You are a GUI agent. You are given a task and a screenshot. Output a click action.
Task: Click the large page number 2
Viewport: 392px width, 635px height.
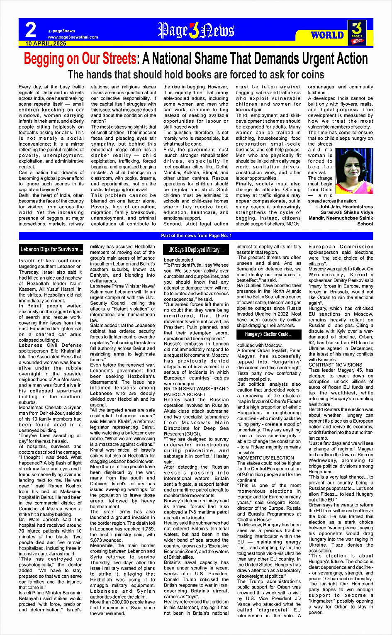31,30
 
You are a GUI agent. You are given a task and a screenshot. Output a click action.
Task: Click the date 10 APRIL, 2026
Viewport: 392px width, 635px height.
46,43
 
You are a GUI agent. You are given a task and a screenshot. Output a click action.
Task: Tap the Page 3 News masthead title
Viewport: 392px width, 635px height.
196,31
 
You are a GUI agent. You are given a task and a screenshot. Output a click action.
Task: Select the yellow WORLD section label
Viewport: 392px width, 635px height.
327,35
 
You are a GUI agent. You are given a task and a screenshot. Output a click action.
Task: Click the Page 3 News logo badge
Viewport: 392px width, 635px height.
357,32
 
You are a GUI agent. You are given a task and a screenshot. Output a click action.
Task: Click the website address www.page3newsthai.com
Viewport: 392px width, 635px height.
73,37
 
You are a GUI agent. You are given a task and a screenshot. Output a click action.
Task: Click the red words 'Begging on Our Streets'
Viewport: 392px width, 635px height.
80,59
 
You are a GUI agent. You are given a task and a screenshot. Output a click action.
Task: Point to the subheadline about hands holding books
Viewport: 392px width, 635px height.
196,74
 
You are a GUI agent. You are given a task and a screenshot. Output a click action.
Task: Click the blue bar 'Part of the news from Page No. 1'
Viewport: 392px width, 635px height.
196,236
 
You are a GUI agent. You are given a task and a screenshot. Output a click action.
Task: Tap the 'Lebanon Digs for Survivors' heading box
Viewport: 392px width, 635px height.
52,249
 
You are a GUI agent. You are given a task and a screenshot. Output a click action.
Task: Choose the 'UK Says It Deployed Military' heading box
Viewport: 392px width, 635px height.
196,250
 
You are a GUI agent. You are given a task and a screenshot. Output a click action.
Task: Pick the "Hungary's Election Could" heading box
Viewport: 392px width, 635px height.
268,334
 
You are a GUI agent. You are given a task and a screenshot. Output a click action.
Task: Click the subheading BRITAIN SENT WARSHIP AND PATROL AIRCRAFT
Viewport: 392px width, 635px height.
196,392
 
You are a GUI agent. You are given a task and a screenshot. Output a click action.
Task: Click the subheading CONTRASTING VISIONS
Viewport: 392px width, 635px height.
336,365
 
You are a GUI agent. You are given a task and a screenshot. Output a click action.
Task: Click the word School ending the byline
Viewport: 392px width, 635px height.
365,224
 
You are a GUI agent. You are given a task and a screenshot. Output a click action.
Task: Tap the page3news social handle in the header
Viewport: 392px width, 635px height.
63,31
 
